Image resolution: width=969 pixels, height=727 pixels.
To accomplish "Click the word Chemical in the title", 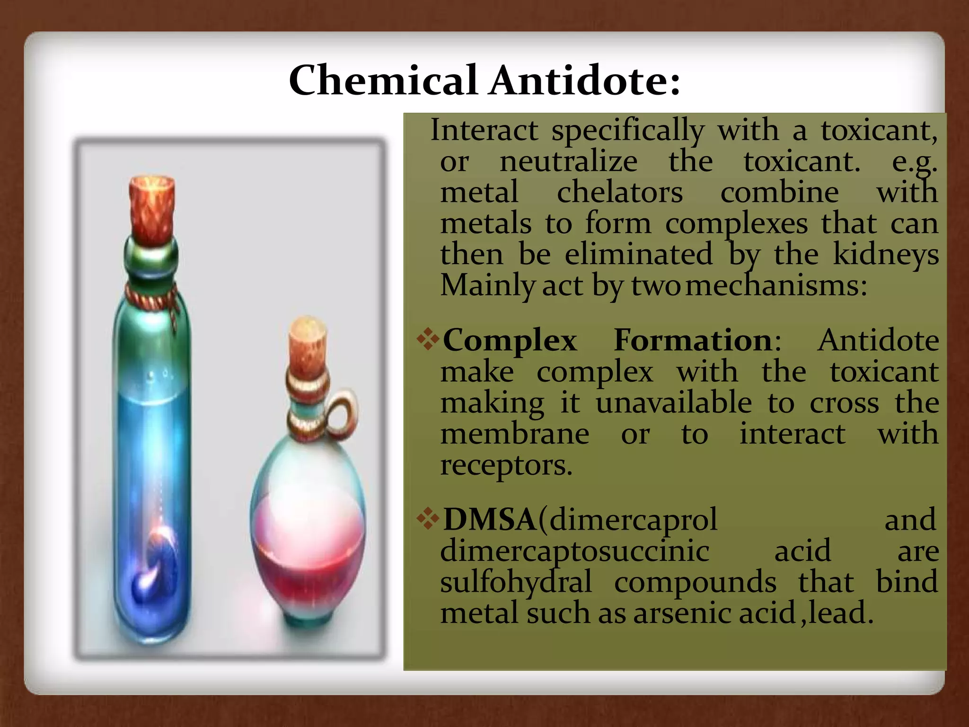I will [x=382, y=80].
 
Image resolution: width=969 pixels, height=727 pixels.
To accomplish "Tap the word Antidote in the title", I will [x=584, y=80].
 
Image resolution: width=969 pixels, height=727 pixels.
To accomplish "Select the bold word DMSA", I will [x=489, y=519].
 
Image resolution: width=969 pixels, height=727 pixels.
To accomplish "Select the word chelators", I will [x=620, y=192].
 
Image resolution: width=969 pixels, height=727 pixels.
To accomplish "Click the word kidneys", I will [x=886, y=255].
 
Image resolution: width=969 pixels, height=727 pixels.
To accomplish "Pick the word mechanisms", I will [x=776, y=286].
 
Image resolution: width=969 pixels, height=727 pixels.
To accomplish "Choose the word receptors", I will [x=506, y=465].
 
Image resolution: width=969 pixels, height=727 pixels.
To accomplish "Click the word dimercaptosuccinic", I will [x=574, y=551].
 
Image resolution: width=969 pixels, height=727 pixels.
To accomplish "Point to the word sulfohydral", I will [x=516, y=582].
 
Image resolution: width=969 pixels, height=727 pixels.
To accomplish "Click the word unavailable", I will [x=673, y=403].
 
